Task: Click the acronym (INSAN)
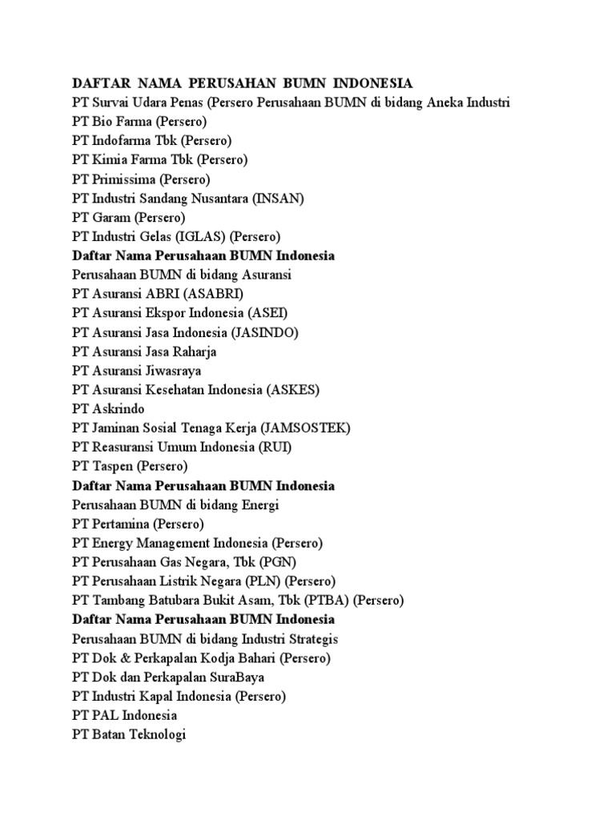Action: [279, 198]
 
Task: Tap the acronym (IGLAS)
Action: [191, 236]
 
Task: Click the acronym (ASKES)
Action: [292, 390]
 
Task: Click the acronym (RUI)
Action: [275, 448]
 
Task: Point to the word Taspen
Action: [113, 467]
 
